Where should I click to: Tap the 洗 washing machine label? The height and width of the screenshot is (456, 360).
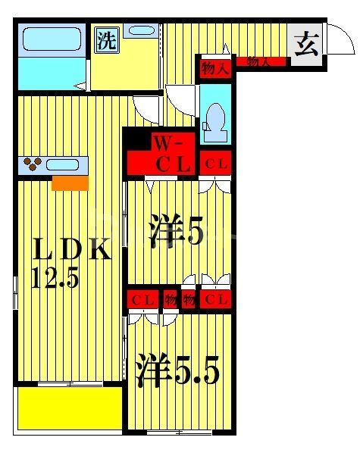point(106,40)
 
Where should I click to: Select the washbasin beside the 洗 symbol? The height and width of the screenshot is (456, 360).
point(141,32)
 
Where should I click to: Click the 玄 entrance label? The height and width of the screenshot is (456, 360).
point(305,45)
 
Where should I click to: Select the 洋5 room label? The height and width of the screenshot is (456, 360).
point(176,232)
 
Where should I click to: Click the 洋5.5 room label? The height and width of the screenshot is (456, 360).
point(177,371)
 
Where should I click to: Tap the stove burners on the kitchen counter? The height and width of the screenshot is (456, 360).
point(33,163)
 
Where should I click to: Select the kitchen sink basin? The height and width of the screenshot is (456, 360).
point(67,164)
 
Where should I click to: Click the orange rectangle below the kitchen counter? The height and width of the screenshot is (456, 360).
point(70,183)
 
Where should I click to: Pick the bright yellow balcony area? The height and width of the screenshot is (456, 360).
point(69,408)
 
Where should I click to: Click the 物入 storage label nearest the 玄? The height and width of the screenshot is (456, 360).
point(260,62)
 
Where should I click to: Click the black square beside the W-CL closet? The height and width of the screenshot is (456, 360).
point(136,139)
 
